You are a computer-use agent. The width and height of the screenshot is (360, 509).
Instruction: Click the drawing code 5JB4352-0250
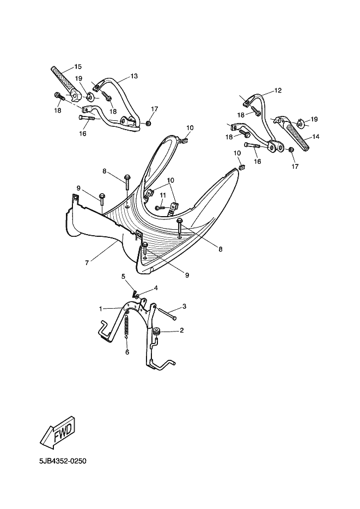[63, 461]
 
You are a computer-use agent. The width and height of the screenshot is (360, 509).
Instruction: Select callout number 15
[78, 66]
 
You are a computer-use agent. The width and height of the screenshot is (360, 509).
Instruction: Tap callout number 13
[134, 76]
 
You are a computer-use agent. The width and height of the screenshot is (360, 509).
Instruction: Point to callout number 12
[278, 90]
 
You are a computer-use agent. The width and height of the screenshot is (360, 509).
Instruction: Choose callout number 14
[315, 137]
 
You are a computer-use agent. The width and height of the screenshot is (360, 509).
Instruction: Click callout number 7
[87, 263]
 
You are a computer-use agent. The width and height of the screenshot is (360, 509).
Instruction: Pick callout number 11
[163, 195]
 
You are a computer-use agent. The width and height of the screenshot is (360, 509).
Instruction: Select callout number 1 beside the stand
[101, 308]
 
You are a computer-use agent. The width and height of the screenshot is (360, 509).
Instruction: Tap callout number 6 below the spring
[127, 352]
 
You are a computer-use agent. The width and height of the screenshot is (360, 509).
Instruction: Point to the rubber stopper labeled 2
[157, 332]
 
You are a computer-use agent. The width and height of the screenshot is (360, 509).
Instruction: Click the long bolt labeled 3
[168, 314]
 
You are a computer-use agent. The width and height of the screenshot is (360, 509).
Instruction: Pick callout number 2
[182, 330]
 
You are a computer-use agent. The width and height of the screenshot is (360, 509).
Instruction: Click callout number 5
[123, 276]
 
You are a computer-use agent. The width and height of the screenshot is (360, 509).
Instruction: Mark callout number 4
[156, 288]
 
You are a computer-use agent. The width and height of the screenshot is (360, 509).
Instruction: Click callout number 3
[184, 306]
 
